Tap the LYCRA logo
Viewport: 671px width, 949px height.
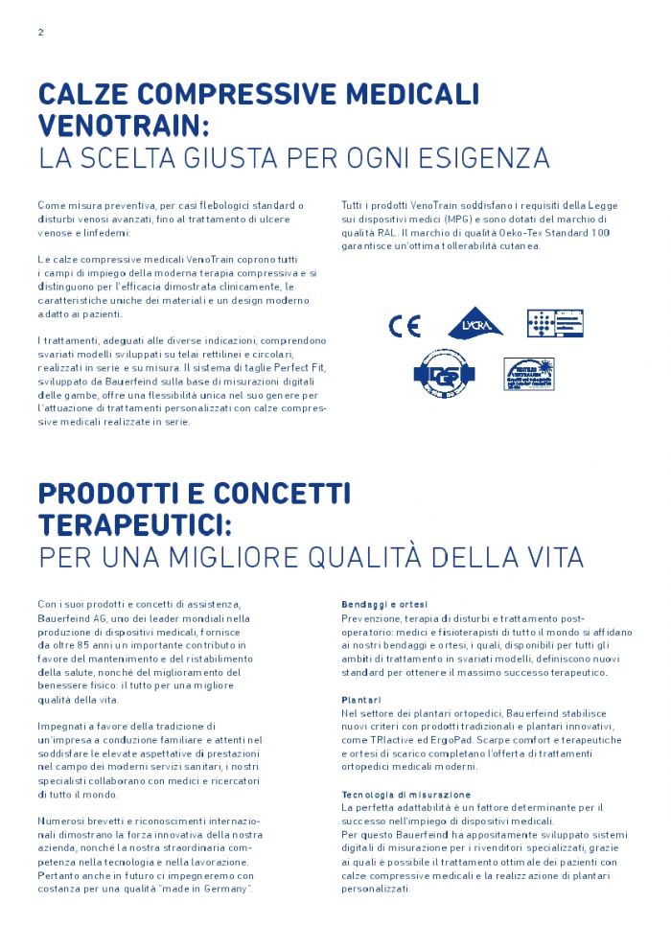(475, 324)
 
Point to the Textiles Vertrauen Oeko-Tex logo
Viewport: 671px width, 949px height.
(530, 373)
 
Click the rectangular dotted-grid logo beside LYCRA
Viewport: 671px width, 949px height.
(554, 324)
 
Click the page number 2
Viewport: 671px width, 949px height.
(41, 32)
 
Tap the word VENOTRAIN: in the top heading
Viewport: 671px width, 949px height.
(124, 126)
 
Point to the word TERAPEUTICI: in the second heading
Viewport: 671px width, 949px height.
(135, 524)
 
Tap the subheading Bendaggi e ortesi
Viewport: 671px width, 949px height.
(384, 605)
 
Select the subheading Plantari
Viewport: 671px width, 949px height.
(361, 700)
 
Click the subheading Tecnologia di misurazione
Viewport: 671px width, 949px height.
(406, 795)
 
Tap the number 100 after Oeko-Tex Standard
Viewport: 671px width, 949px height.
(600, 233)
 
